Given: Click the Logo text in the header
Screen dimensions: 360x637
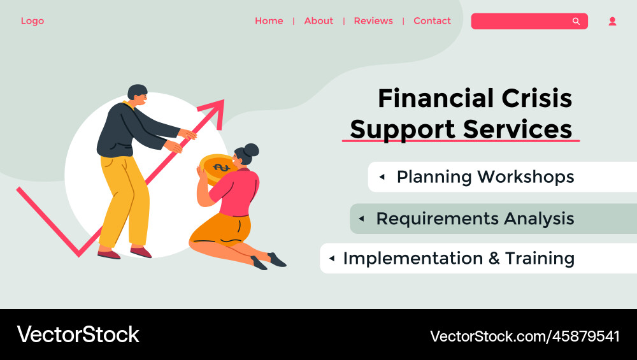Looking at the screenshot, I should [x=32, y=21].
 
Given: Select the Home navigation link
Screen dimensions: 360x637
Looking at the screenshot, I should [x=269, y=21].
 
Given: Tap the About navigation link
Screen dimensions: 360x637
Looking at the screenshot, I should [x=318, y=21].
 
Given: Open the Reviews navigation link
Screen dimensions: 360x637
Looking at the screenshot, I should [x=373, y=21].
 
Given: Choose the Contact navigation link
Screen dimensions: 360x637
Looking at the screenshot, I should [x=432, y=21].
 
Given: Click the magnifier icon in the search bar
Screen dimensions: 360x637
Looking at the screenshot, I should [x=576, y=21].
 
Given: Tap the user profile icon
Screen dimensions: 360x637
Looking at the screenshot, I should [x=612, y=21].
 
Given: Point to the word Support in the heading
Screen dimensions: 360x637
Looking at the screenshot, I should [x=403, y=129].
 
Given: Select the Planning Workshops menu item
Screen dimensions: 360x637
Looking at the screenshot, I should [x=485, y=177].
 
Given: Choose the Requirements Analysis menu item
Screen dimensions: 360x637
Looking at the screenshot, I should [x=475, y=219].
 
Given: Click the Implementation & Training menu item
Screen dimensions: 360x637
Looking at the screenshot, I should [x=459, y=258].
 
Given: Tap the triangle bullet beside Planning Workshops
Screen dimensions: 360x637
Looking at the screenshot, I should [x=382, y=177].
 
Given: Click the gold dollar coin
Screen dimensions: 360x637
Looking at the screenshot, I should [x=216, y=168].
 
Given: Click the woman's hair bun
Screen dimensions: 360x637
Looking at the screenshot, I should [x=251, y=149].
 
